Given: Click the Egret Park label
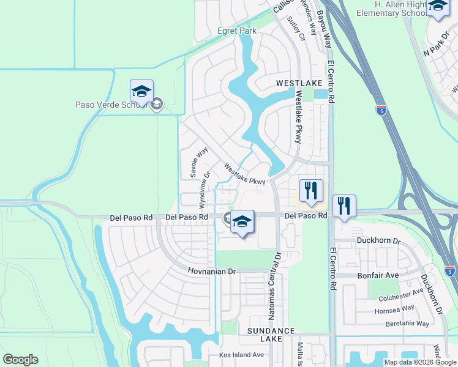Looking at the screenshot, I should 236,31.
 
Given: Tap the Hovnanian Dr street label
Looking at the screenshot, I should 211,271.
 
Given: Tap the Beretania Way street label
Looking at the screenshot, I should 402,323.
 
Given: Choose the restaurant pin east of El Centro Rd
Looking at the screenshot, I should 345,207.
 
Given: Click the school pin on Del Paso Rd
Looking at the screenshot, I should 242,221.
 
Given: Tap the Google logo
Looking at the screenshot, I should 20,360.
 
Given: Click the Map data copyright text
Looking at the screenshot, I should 419,362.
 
